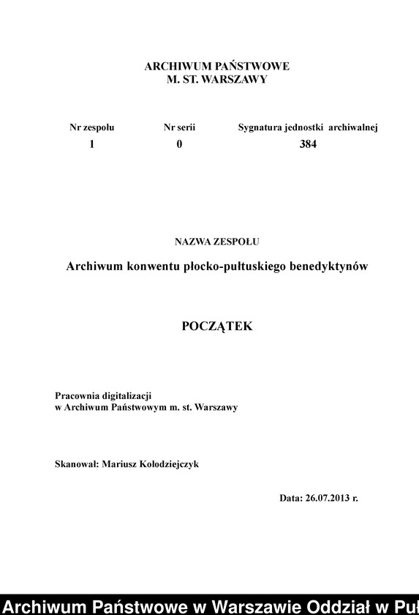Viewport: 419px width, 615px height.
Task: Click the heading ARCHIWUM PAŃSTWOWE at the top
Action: (216, 66)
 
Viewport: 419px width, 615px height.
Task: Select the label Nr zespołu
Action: (92, 127)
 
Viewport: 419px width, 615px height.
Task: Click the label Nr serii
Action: (179, 127)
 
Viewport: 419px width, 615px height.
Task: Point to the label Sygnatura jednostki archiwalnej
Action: (307, 127)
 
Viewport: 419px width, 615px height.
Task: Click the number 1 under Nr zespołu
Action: (92, 144)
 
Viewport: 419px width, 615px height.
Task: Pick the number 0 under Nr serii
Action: (179, 144)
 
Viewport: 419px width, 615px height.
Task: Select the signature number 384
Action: (308, 144)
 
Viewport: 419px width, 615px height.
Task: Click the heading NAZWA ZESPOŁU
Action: (216, 240)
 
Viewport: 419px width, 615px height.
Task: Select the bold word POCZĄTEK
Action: (216, 327)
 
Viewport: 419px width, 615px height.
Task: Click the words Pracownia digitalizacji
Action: (103, 395)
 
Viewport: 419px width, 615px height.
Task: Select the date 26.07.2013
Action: (327, 498)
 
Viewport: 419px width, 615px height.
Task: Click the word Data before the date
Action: (290, 498)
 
